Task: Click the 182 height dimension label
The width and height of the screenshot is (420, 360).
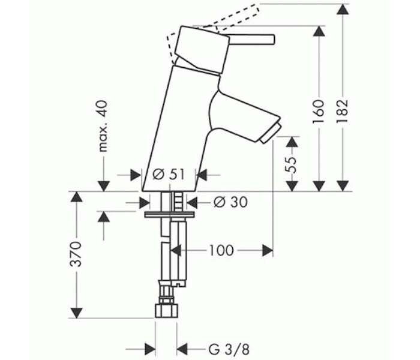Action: click(x=342, y=111)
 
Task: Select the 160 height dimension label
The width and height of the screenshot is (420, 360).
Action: click(x=319, y=112)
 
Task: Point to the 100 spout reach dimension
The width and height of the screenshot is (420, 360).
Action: click(x=221, y=250)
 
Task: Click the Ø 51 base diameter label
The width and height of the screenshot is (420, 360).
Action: click(x=169, y=175)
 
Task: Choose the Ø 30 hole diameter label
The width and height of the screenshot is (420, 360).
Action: click(x=230, y=202)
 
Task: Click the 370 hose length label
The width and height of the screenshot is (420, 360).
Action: click(x=76, y=254)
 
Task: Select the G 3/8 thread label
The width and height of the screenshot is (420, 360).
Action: click(x=229, y=349)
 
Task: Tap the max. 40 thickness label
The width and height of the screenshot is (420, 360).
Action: click(x=103, y=126)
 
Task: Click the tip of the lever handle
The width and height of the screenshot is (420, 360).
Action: click(x=274, y=39)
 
